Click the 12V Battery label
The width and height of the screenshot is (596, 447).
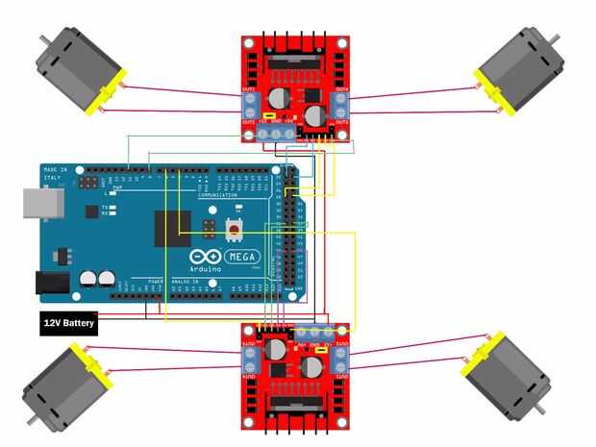67,323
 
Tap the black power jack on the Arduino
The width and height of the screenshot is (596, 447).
54,282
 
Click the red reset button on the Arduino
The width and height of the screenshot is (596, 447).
233,229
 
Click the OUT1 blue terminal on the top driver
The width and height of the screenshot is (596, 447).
248,103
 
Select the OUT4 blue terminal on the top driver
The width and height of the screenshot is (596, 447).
340,103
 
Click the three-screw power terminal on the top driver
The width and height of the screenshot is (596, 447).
275,133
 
